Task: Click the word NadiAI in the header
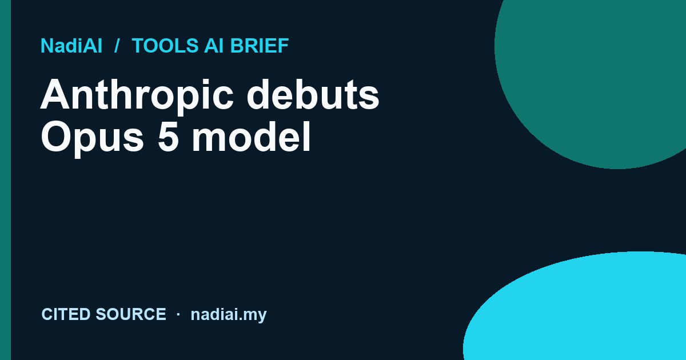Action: tap(71, 46)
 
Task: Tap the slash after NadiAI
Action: tap(117, 46)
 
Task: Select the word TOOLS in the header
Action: tap(165, 46)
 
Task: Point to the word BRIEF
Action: tap(260, 46)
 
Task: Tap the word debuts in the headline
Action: tap(313, 94)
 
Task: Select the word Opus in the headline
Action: tap(93, 138)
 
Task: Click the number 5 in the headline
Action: tap(168, 137)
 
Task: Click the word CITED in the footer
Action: tap(66, 314)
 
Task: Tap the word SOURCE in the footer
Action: tap(131, 314)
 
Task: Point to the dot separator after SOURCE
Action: tap(178, 314)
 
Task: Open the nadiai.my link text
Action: tap(229, 315)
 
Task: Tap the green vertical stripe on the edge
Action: tap(5, 180)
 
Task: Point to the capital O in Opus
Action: tap(56, 137)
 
